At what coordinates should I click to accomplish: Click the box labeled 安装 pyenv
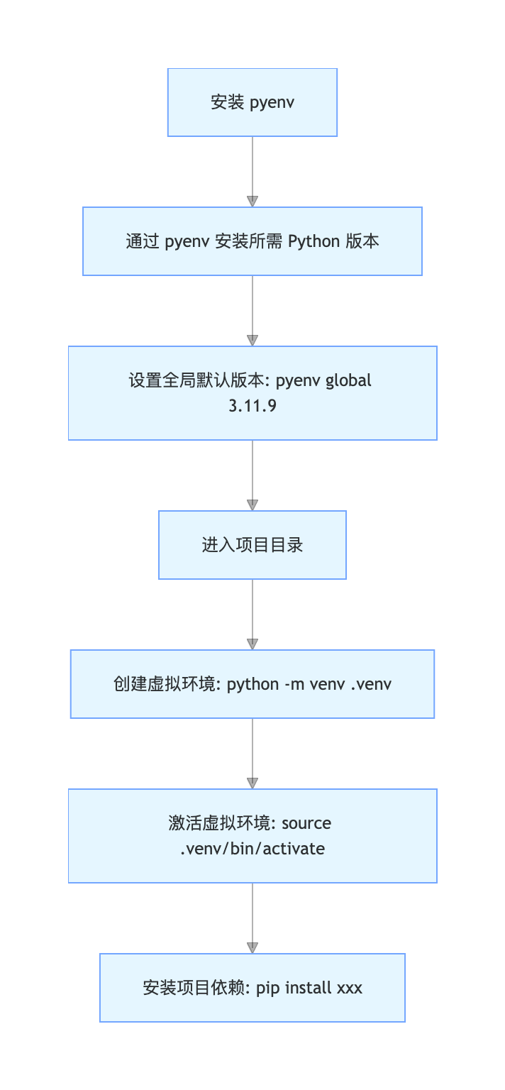point(252,102)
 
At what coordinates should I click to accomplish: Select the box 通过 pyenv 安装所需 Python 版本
point(252,241)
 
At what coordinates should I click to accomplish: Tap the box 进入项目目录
point(252,545)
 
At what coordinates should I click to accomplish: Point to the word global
point(348,380)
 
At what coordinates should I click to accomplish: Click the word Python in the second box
point(314,241)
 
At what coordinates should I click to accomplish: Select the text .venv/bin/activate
point(252,849)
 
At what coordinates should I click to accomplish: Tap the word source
point(306,823)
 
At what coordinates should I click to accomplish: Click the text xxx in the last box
point(348,988)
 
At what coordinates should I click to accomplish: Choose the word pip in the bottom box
point(268,988)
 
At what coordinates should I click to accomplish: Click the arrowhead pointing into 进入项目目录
point(252,505)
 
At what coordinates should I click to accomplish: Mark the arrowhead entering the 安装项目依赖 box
point(252,948)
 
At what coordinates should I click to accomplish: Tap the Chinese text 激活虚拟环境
point(219,823)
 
